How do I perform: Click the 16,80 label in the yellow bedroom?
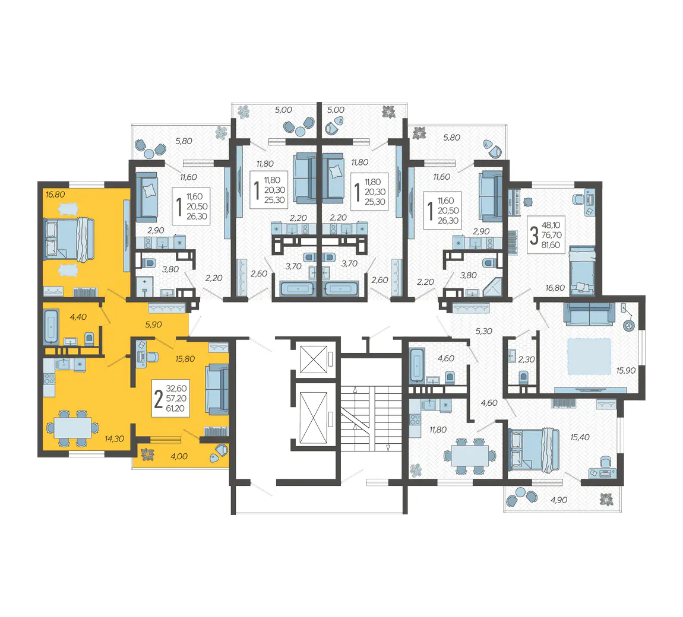coord(55,195)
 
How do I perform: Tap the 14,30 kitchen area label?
coord(114,439)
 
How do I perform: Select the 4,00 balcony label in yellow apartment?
coord(179,456)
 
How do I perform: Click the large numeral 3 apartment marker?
coord(533,236)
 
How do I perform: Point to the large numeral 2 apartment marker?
coord(159,399)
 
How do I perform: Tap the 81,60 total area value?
coord(551,245)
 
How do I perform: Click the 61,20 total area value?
coord(176,408)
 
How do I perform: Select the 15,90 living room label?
coord(626,371)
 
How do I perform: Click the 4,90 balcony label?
coord(559,500)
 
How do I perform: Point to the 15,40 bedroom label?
coord(580,437)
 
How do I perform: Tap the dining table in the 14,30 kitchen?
coord(72,428)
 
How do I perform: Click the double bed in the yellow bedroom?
coord(69,240)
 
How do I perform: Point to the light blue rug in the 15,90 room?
coord(589,357)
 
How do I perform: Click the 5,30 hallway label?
coord(483,331)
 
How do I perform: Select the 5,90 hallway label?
coord(153,325)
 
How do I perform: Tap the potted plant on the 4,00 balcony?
coord(148,454)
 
